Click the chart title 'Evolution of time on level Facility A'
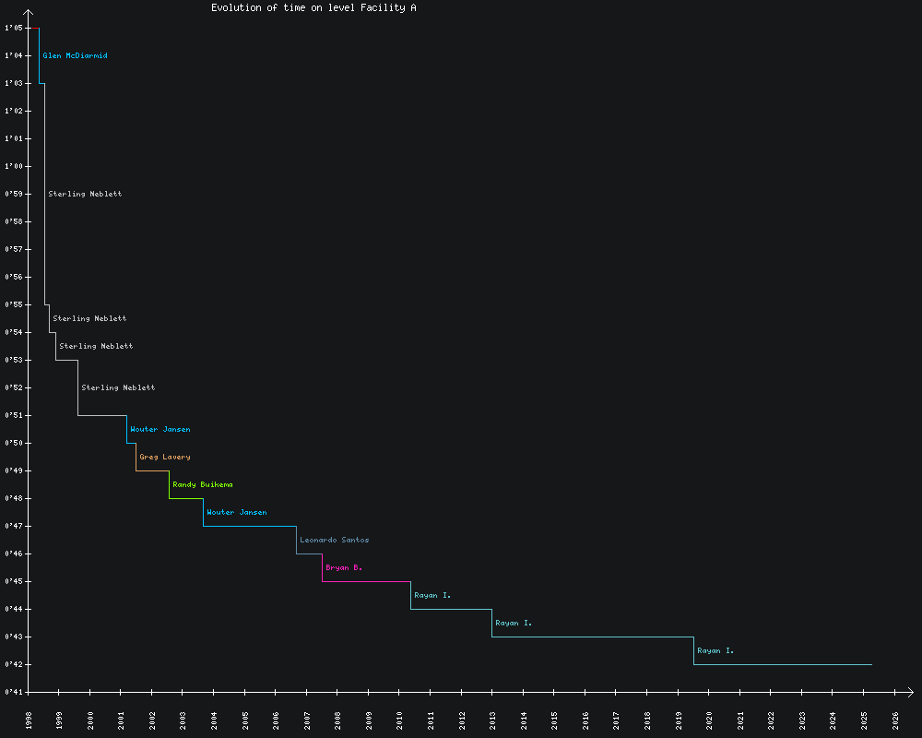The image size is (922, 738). (313, 7)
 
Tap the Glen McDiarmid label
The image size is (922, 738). (75, 56)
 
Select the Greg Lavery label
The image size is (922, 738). (165, 458)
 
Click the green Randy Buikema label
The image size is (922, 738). (203, 485)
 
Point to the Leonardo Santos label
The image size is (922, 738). (335, 541)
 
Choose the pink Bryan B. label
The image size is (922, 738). (344, 568)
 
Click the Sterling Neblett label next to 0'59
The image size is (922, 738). (85, 195)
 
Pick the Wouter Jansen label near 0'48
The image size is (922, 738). (237, 513)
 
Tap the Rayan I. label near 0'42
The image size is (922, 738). (715, 651)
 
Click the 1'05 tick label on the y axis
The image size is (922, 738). (12, 29)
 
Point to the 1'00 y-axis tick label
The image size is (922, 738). (12, 167)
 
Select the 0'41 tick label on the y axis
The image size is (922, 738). (12, 692)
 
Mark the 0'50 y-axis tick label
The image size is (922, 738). (12, 444)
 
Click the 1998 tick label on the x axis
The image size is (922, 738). (29, 720)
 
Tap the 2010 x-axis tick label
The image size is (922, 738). (400, 720)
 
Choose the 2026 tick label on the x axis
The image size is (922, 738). (895, 720)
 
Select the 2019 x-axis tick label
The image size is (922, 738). (679, 720)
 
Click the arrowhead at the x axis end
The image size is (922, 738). (910, 692)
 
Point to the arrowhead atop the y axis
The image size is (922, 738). (29, 13)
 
